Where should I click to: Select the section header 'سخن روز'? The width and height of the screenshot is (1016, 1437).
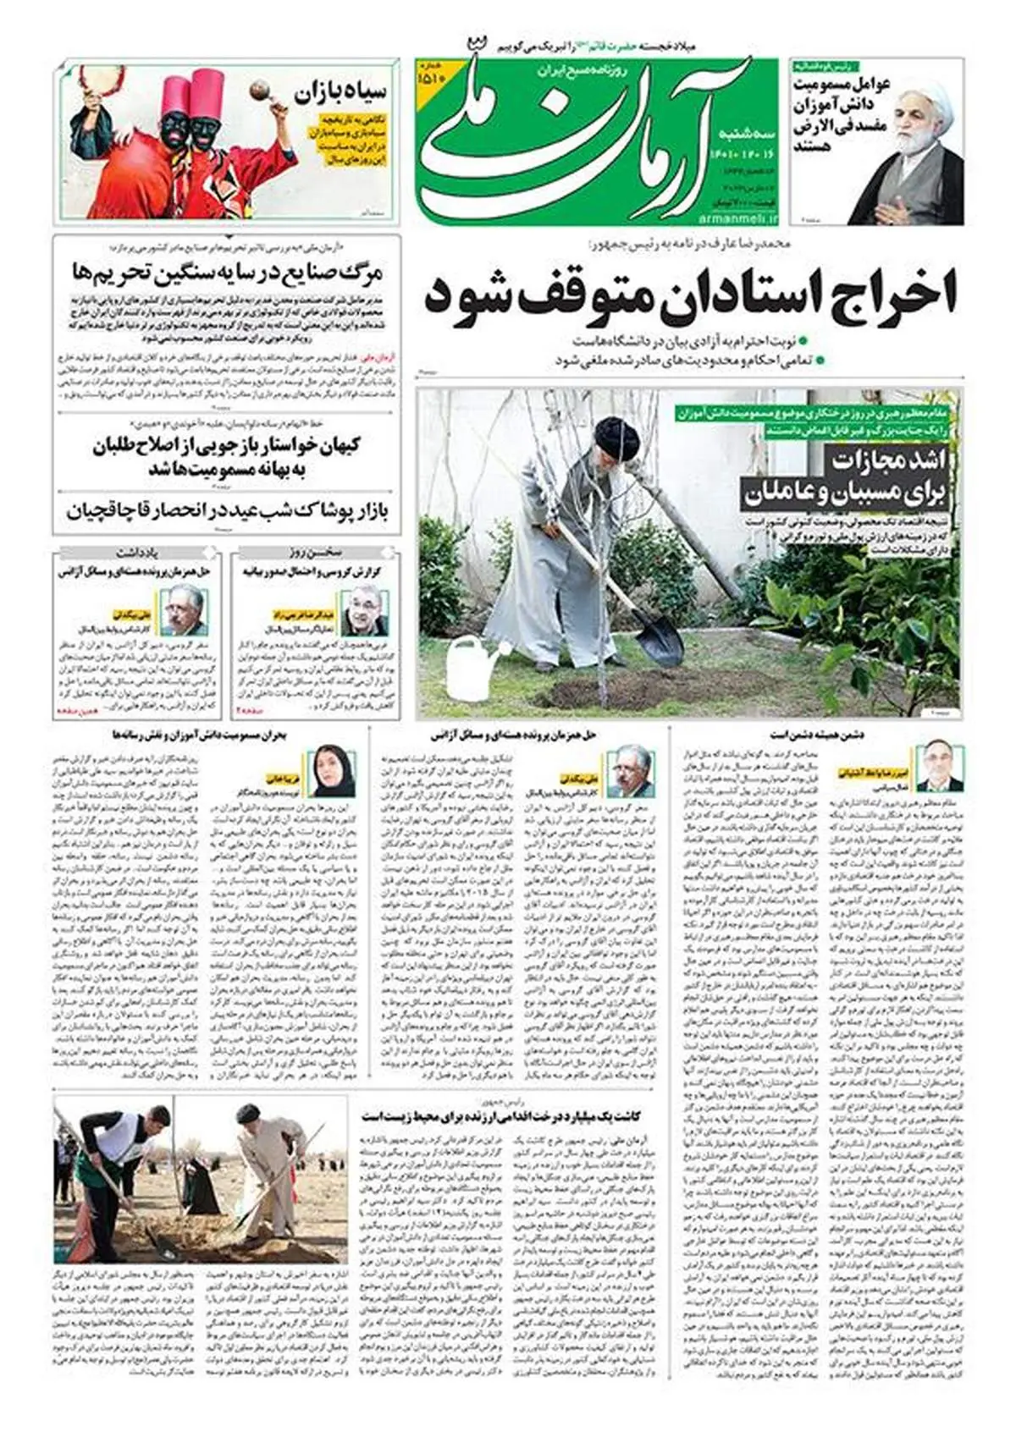314,553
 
